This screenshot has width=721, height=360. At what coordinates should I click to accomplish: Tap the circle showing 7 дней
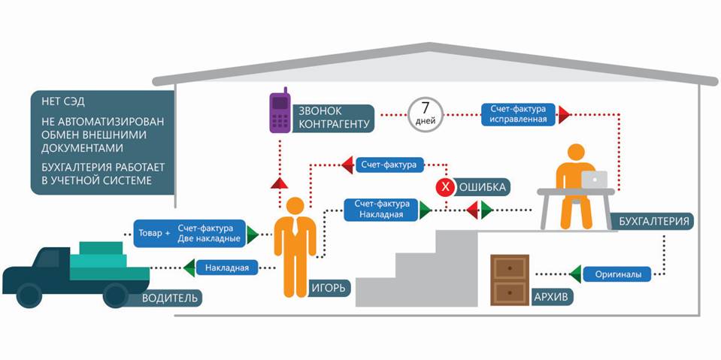426,114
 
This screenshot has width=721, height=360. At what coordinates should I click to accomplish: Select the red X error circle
446,186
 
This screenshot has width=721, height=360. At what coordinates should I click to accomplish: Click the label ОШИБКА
483,186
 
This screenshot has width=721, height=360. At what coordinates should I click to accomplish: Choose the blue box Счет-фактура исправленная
519,115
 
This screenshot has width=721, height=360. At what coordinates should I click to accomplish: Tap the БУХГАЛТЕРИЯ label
651,222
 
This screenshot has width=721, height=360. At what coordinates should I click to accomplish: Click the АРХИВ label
553,297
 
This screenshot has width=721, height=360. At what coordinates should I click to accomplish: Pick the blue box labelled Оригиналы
617,274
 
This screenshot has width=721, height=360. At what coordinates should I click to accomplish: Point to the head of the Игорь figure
295,206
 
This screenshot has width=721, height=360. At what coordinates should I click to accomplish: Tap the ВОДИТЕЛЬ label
171,298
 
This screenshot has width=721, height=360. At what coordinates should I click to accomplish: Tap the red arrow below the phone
278,182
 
